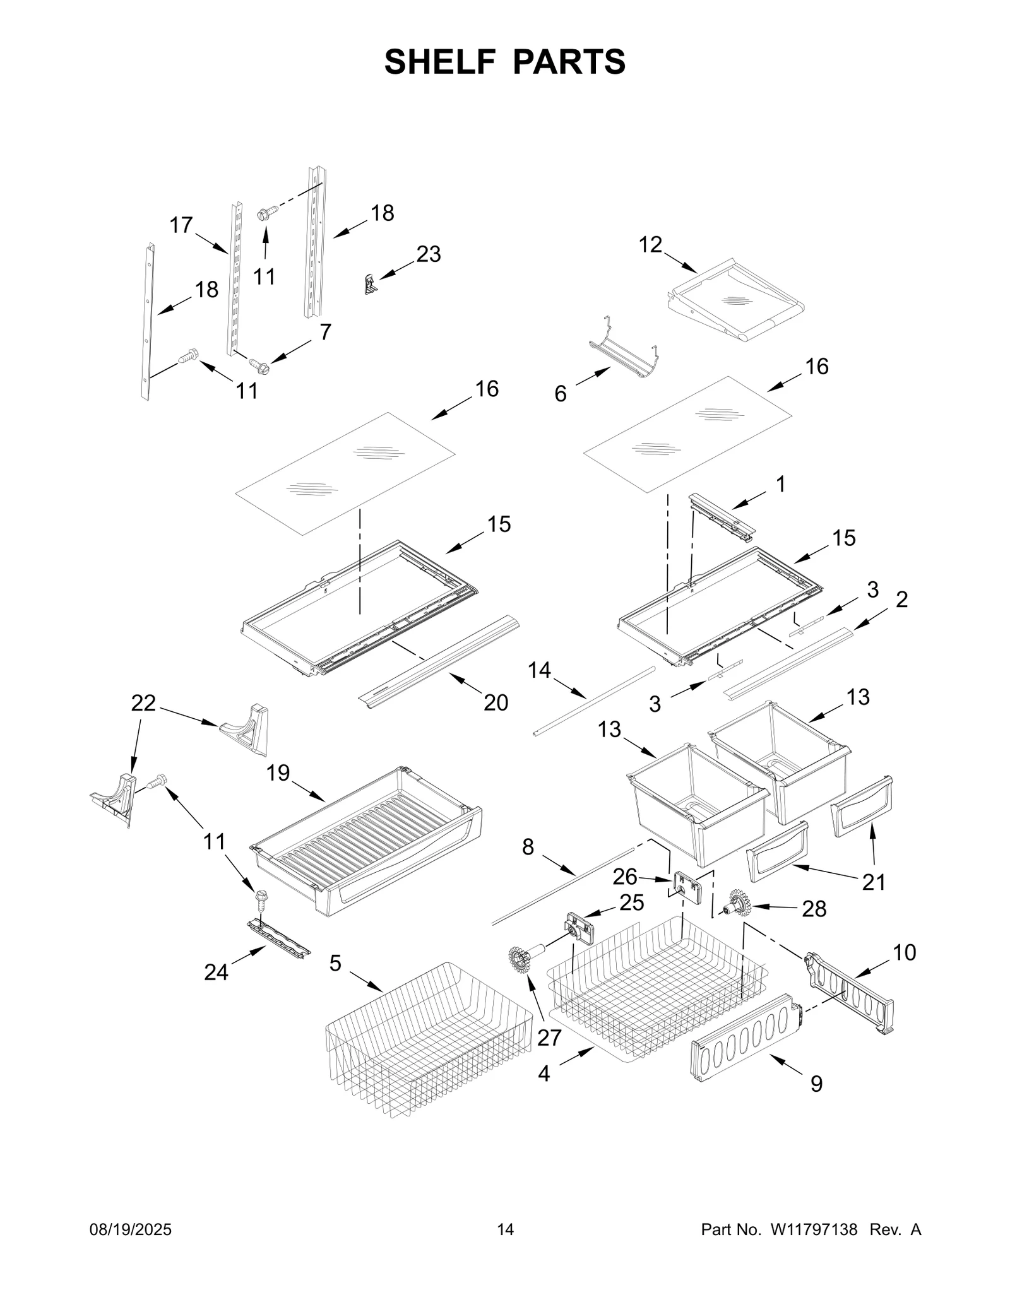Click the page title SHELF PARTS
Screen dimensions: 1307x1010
tap(504, 62)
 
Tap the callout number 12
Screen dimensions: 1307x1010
tap(650, 244)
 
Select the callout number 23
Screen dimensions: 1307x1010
tap(428, 254)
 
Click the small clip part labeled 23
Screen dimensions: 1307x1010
tap(371, 284)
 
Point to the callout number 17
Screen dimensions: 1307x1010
tap(181, 225)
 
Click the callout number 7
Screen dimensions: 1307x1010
tap(325, 331)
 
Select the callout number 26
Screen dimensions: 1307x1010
tap(624, 877)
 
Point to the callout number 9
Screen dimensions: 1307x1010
tap(816, 1084)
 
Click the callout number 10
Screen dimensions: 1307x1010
tap(905, 952)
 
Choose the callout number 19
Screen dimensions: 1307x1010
tap(278, 772)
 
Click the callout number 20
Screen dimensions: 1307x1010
tap(496, 702)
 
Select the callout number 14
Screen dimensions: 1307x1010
tap(539, 670)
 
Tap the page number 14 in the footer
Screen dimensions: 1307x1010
tap(505, 1229)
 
